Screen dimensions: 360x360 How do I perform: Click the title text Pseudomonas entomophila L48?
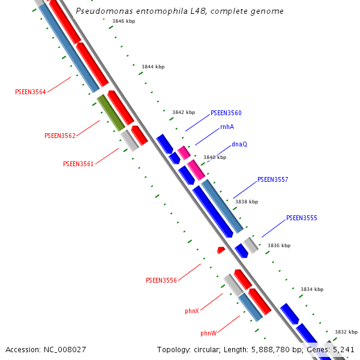click(x=179, y=11)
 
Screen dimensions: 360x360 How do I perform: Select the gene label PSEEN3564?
click(x=30, y=92)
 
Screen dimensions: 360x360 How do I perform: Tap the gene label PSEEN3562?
click(x=60, y=136)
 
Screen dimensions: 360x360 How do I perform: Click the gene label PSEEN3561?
click(x=79, y=164)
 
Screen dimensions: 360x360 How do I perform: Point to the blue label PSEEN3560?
click(x=226, y=113)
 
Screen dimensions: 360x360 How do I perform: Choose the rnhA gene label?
click(x=227, y=127)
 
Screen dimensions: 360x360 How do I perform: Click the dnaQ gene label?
click(x=239, y=144)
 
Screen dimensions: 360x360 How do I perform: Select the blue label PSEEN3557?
click(x=272, y=179)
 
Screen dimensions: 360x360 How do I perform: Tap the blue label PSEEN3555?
click(x=301, y=217)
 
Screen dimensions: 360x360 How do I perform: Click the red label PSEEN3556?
click(x=161, y=280)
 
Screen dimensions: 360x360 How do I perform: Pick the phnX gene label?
click(x=192, y=311)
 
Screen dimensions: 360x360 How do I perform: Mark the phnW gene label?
click(x=209, y=332)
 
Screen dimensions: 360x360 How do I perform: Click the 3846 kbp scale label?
click(x=123, y=21)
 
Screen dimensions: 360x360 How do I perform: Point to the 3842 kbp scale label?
click(x=184, y=112)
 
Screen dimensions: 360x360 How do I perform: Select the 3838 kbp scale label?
click(x=246, y=202)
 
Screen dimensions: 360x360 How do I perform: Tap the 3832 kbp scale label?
click(x=346, y=332)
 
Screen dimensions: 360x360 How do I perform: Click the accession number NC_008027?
click(x=46, y=349)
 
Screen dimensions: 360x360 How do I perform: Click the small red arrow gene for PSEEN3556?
click(x=221, y=250)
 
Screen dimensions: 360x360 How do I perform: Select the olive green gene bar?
click(x=111, y=112)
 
